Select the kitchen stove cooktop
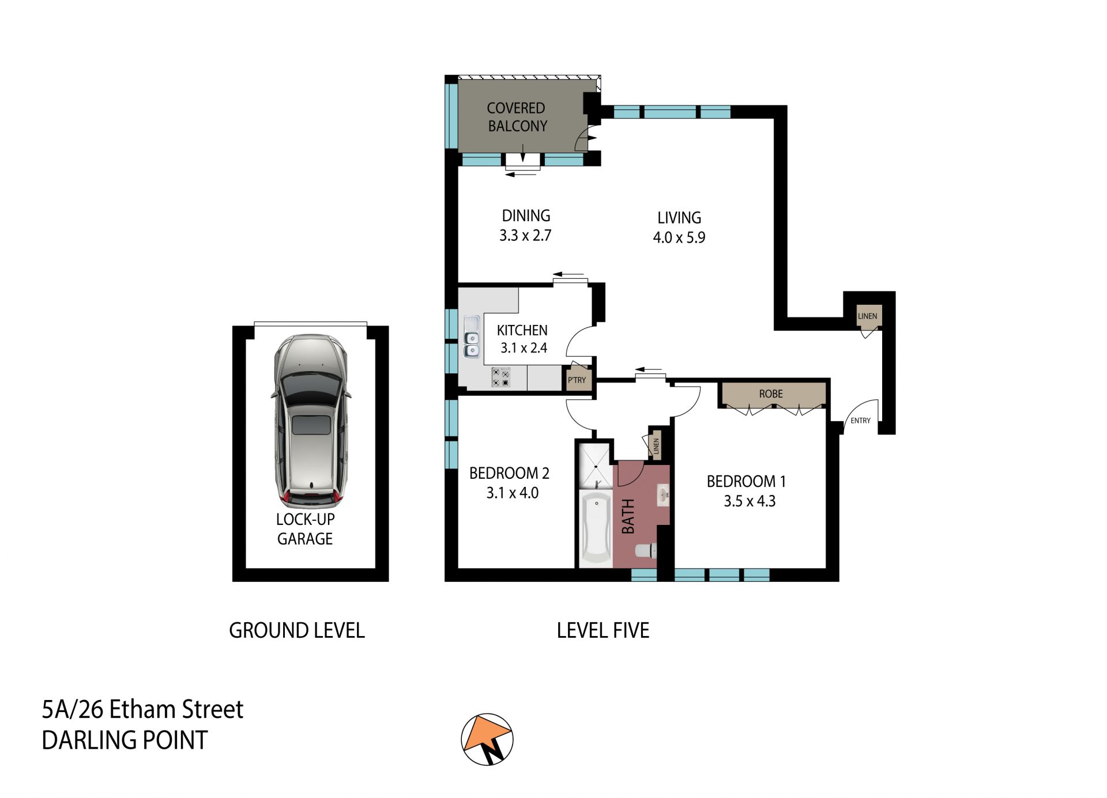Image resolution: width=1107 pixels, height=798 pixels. point(500,377)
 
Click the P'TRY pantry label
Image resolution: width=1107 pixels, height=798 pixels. point(577,380)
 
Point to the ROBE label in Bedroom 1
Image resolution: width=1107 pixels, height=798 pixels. point(771,394)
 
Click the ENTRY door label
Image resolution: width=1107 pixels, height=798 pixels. point(860,421)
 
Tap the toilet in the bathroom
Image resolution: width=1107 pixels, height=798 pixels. point(646,551)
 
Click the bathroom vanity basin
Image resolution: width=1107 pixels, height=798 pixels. point(663,494)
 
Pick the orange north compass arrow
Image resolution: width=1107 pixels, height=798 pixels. point(487,735)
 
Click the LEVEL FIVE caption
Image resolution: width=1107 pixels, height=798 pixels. point(603,630)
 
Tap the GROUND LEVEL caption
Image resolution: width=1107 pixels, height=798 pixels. point(297,630)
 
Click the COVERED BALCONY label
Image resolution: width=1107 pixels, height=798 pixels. point(517,117)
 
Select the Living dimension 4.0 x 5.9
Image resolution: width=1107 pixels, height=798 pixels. point(679,237)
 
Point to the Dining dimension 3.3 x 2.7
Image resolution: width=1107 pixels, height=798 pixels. point(525,235)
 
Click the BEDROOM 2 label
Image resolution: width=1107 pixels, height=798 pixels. point(509,474)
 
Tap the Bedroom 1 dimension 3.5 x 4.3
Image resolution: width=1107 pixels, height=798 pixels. point(750,501)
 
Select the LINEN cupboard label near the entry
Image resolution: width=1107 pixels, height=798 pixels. point(867,316)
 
